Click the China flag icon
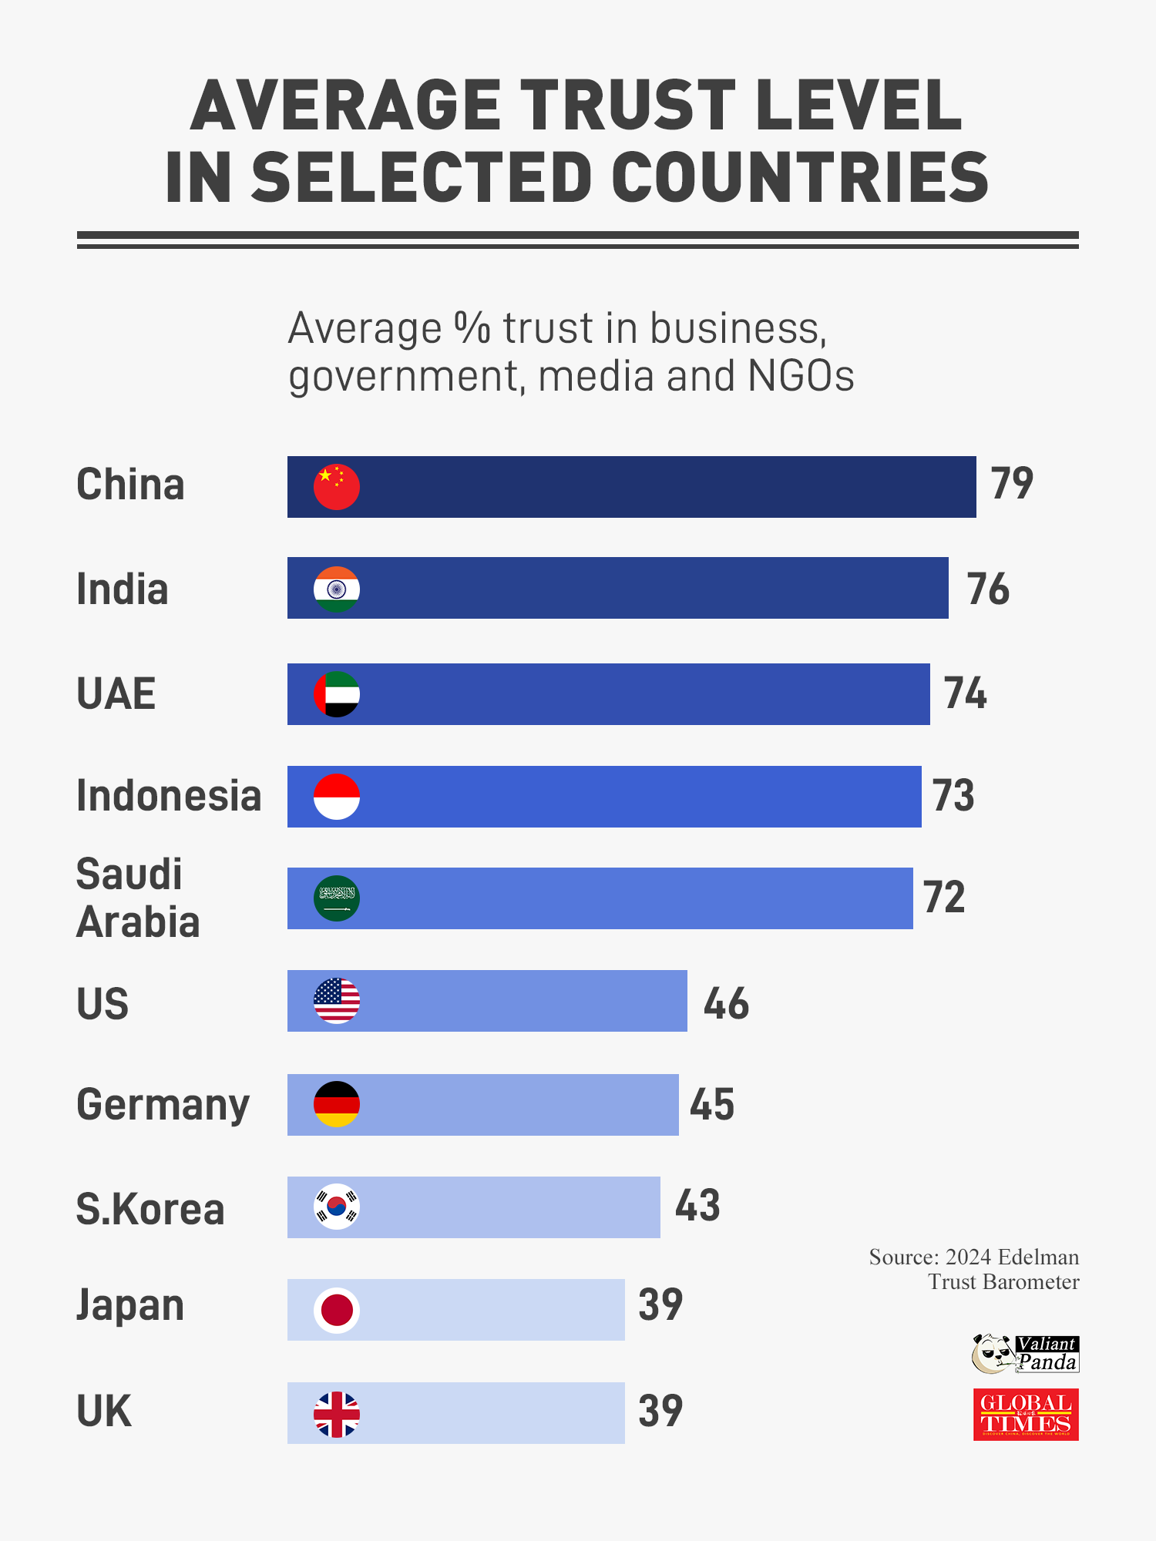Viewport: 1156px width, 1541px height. coord(337,487)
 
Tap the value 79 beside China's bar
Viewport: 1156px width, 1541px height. coord(1012,484)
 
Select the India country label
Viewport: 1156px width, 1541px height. coord(122,589)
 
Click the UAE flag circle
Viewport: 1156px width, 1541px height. coord(337,694)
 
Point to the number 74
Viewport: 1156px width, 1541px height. coord(966,693)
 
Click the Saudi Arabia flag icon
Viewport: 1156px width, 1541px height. coord(337,898)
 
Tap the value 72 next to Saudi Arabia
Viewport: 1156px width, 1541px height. coord(944,898)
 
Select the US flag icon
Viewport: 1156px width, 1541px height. coord(337,1001)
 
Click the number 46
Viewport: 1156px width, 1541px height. coord(726,1004)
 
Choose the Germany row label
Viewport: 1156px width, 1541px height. coord(163,1105)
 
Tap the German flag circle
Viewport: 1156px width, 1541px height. coord(337,1104)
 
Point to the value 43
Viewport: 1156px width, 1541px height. coord(697,1206)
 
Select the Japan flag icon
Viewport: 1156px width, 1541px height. coord(337,1310)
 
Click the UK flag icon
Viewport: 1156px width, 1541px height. coord(337,1414)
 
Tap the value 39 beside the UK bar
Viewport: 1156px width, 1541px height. coord(660,1412)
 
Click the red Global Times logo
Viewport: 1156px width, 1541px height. coord(1026,1415)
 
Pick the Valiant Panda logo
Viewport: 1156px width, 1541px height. coord(1025,1355)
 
